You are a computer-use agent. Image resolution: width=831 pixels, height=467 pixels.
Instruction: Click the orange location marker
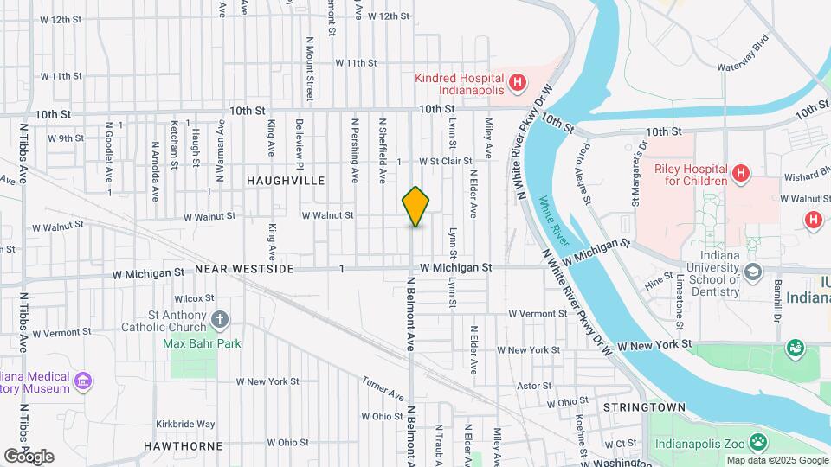point(416,207)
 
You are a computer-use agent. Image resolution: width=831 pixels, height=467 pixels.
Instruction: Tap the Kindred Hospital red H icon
point(518,83)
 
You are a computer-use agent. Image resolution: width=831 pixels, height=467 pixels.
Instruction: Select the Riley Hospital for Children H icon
point(740,174)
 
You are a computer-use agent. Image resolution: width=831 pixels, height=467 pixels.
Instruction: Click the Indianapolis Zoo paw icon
point(758,442)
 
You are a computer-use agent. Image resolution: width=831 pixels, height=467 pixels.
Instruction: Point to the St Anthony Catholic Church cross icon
point(220,320)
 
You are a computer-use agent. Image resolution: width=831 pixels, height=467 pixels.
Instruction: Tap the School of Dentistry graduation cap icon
point(753,272)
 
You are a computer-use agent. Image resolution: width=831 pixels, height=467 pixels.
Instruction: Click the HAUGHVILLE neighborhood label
point(286,181)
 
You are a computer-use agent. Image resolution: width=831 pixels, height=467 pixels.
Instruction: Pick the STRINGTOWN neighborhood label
point(644,407)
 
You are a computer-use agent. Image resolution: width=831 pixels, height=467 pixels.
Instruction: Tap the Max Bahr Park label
point(203,343)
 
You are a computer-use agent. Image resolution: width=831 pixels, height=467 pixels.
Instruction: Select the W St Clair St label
point(445,161)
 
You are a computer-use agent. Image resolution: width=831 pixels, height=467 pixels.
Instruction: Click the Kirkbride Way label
point(185,424)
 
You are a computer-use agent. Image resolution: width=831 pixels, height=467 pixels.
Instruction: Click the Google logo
point(29,456)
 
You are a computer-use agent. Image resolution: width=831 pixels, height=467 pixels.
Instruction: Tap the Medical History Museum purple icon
point(83,381)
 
